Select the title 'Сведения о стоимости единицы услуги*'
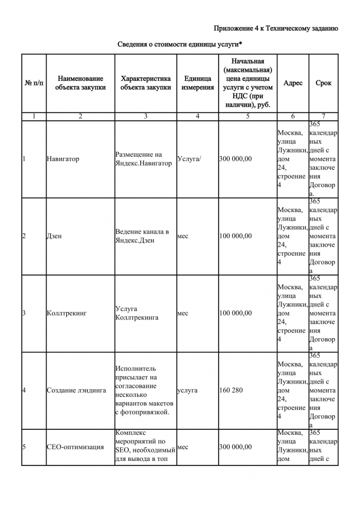tap(180, 44)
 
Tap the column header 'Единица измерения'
tap(198, 83)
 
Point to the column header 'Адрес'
tap(293, 83)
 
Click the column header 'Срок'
tap(323, 83)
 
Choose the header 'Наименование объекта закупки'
tap(80, 83)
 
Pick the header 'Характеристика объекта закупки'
tap(145, 83)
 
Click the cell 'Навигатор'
tap(63, 159)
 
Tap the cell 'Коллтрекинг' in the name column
tap(66, 313)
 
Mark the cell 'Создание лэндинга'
tap(76, 390)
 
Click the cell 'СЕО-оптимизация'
tap(75, 447)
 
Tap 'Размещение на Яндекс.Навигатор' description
tap(143, 159)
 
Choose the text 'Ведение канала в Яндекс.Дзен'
tap(142, 236)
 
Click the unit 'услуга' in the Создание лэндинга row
tap(187, 390)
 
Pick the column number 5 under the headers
tap(247, 117)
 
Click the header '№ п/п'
tap(34, 83)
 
